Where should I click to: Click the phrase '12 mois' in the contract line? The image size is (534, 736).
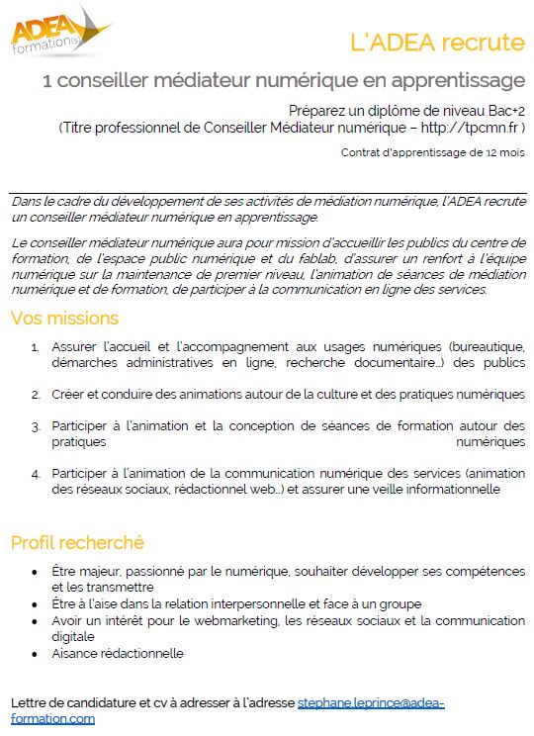(x=504, y=153)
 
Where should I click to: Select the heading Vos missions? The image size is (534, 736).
(x=64, y=319)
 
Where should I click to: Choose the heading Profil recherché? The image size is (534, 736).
(x=77, y=542)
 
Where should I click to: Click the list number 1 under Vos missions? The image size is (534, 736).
(x=35, y=348)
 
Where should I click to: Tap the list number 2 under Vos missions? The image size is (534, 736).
(x=35, y=394)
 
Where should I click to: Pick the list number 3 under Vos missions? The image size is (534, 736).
(x=35, y=426)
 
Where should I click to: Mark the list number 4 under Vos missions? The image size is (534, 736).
(x=35, y=473)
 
